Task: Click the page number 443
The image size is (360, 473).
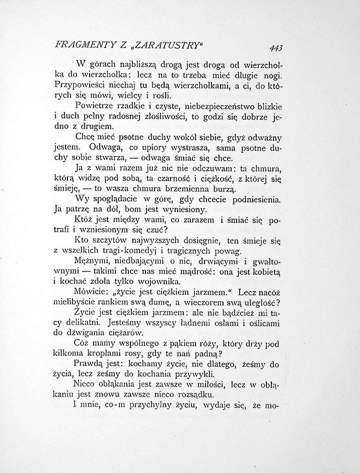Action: click(x=275, y=48)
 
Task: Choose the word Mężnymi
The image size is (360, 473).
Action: click(x=90, y=262)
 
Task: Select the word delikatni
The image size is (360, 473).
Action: click(x=84, y=323)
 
